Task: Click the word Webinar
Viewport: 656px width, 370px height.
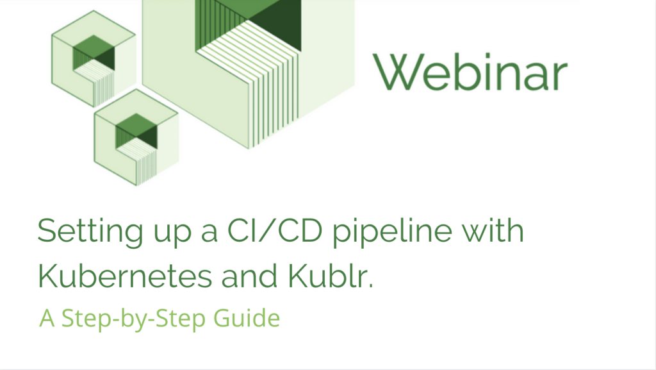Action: tap(470, 72)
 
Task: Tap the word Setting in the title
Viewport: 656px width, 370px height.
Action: tap(90, 231)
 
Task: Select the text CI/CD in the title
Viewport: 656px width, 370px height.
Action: tap(274, 230)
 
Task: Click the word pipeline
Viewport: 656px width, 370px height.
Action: tap(393, 232)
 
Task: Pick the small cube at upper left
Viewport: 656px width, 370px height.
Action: tap(94, 58)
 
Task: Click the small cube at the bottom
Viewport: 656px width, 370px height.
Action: tap(136, 137)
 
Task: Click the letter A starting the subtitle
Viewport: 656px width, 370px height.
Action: tap(47, 319)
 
